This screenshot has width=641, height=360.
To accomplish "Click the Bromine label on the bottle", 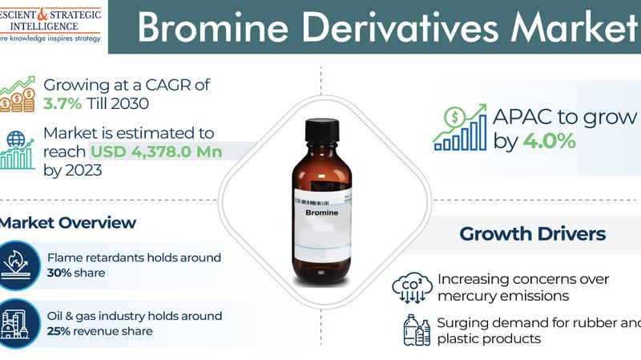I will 322,214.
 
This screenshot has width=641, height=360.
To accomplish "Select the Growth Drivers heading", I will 532,234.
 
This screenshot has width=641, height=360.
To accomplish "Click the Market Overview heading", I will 68,222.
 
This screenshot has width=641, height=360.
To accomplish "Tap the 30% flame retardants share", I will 60,273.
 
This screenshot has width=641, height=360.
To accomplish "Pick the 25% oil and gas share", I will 60,331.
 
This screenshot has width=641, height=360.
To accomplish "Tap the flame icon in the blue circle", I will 18,264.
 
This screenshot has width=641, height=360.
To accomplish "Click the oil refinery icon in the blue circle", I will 18,323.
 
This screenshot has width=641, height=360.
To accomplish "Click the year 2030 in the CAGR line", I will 148,105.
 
